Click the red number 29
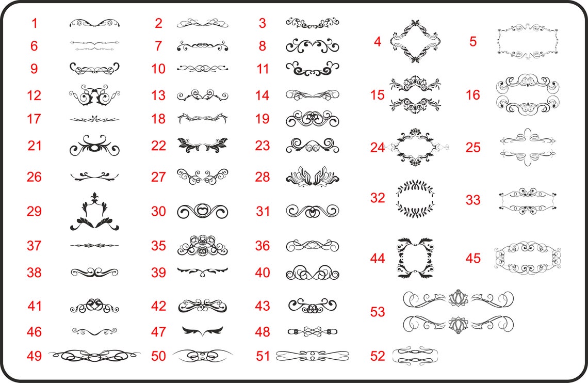coord(34,211)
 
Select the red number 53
coord(377,312)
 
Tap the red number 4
coord(378,42)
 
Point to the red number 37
coord(34,246)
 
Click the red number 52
coord(377,356)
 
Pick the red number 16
coord(473,95)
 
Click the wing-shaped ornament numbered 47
coord(203,331)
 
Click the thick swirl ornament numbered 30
coord(202,211)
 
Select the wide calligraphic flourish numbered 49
coord(94,356)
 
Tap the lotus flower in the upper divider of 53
coord(458,299)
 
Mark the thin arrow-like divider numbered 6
coord(94,46)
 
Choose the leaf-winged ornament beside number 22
coord(203,146)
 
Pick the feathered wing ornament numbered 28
coord(312,177)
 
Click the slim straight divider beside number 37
coord(94,246)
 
